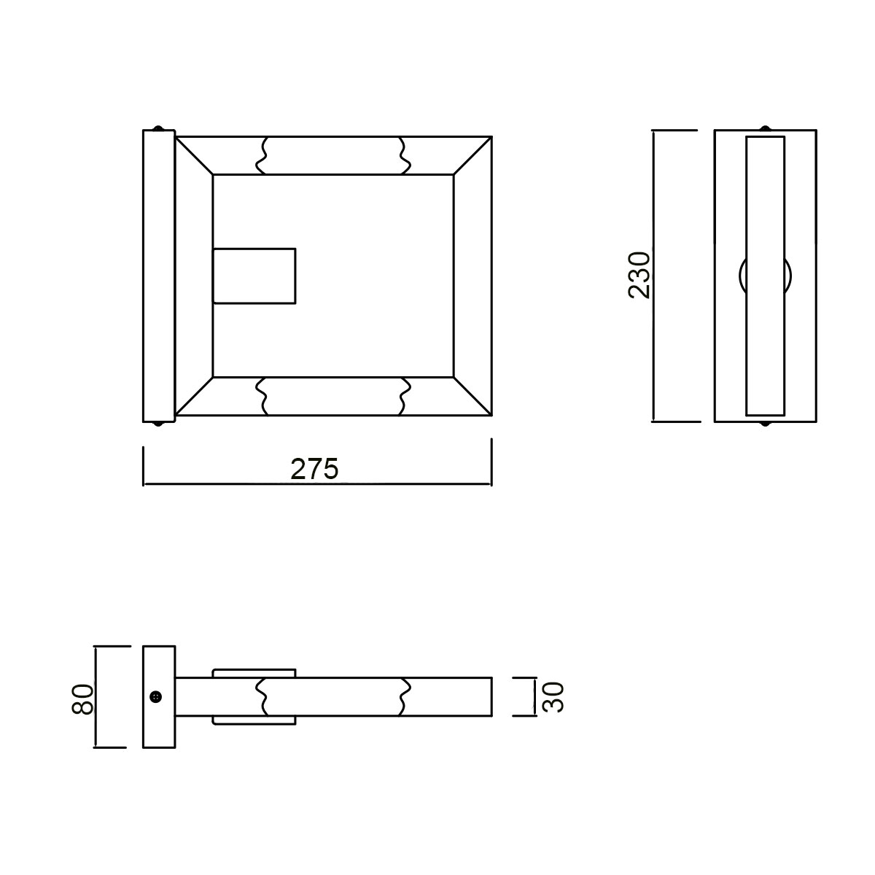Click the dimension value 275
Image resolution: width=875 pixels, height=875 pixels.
pyautogui.click(x=314, y=469)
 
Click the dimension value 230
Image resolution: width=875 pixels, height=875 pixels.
pyautogui.click(x=639, y=275)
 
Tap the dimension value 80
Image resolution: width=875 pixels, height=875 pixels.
pyautogui.click(x=83, y=698)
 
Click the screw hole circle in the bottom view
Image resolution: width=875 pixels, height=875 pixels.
pyautogui.click(x=155, y=698)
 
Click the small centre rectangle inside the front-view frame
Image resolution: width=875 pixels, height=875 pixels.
pyautogui.click(x=254, y=276)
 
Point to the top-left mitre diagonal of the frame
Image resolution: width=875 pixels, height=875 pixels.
pyautogui.click(x=194, y=155)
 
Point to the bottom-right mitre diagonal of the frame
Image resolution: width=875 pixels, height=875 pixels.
pyautogui.click(x=472, y=397)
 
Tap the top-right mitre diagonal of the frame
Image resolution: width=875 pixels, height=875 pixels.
pyautogui.click(x=472, y=155)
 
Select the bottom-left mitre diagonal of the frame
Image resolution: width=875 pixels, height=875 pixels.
pyautogui.click(x=194, y=397)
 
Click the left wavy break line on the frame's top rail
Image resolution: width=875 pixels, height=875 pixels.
pyautogui.click(x=261, y=155)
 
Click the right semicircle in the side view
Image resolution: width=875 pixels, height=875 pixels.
pyautogui.click(x=790, y=276)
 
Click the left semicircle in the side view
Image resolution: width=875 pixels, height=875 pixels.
pyautogui.click(x=742, y=276)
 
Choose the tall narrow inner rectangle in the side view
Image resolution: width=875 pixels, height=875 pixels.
pyautogui.click(x=765, y=275)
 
